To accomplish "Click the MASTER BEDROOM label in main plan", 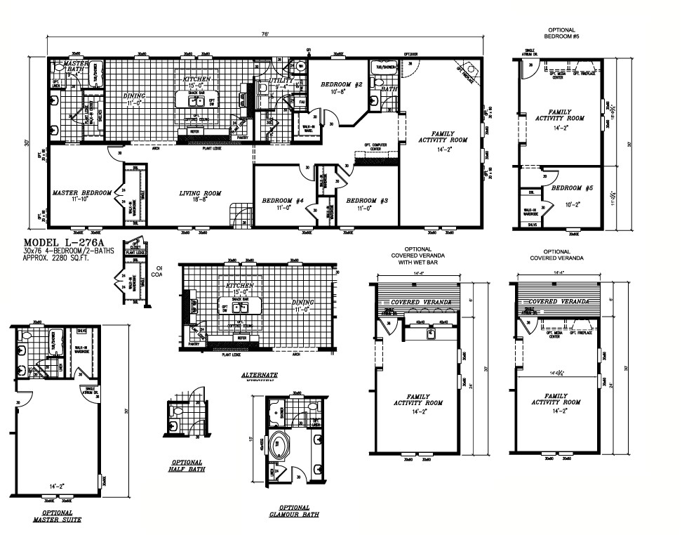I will pyautogui.click(x=82, y=192).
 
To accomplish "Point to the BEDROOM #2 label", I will pyautogui.click(x=341, y=85).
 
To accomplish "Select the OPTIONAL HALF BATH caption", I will pyautogui.click(x=187, y=465).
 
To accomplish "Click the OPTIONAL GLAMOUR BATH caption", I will pyautogui.click(x=294, y=510).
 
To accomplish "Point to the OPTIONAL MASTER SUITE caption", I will pyautogui.click(x=56, y=516).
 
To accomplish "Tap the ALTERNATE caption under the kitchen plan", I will pyautogui.click(x=259, y=376).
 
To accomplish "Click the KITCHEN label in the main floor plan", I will pyautogui.click(x=197, y=79).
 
